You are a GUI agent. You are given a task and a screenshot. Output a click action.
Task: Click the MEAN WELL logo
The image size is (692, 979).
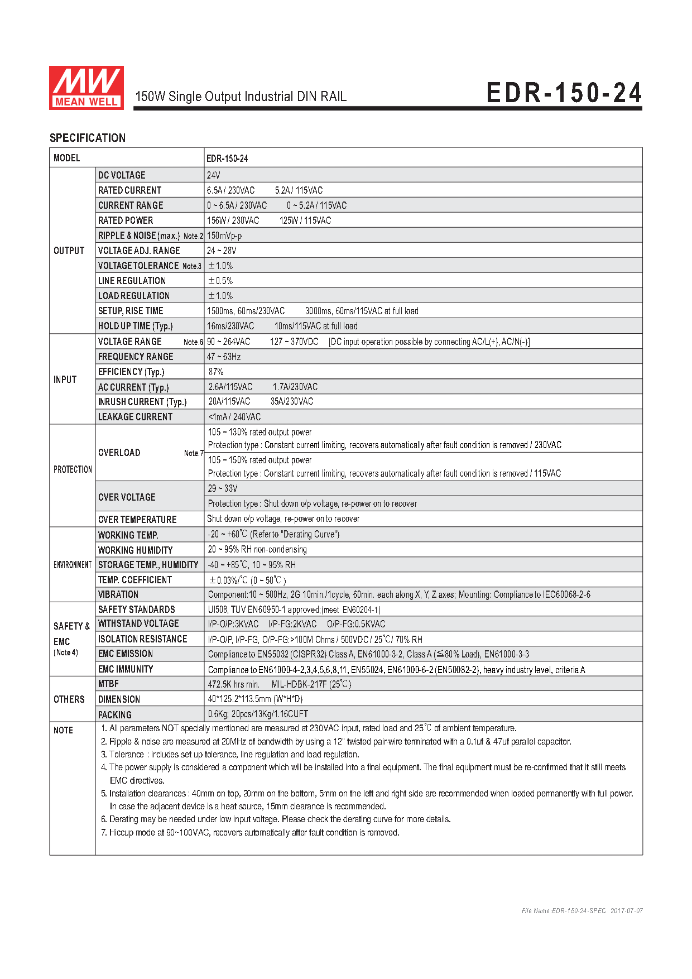pos(86,88)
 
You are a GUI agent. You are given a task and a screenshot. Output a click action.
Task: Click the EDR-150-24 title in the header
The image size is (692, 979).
pos(564,93)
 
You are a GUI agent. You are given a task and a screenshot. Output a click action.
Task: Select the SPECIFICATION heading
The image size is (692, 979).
pos(88,138)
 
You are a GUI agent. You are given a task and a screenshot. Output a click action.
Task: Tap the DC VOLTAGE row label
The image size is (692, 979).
pos(122,175)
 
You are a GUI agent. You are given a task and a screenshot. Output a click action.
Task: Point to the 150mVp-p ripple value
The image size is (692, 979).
pos(224,236)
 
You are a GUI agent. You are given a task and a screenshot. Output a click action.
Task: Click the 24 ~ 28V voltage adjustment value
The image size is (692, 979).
pos(222,251)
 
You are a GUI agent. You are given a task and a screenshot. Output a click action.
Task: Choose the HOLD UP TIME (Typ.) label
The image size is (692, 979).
pos(136,326)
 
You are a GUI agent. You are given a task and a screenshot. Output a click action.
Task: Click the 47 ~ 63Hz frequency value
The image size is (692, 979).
pos(224,357)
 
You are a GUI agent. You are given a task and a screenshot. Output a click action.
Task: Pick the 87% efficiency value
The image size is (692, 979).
pos(216,372)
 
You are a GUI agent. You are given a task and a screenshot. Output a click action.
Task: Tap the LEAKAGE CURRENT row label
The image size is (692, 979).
pos(135,417)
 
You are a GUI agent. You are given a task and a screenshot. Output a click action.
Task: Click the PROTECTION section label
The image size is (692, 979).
pos(73,469)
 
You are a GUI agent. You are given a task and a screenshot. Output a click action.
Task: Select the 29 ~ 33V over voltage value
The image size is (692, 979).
pos(223,488)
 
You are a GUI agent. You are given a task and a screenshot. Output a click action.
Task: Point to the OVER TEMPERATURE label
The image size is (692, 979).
pos(137,519)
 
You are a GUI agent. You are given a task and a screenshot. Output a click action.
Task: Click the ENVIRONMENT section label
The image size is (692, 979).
pos(73,565)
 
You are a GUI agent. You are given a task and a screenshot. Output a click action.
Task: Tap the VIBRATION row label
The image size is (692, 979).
pos(118,594)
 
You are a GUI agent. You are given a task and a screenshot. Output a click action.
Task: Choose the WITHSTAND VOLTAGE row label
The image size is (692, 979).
pos(138,623)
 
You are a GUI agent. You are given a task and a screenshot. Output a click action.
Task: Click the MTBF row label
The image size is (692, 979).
pos(108,684)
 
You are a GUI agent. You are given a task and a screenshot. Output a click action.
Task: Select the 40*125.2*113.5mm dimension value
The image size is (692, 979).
pos(255,699)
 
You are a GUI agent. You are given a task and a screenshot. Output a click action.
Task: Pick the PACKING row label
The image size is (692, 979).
pos(115,714)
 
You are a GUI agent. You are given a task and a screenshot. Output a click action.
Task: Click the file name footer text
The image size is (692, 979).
pos(582,911)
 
